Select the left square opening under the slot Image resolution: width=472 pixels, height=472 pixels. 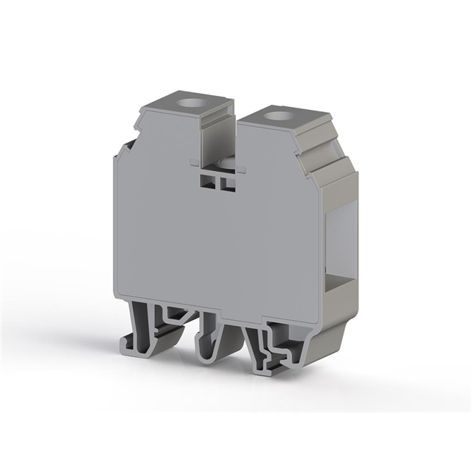point(206,181)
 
